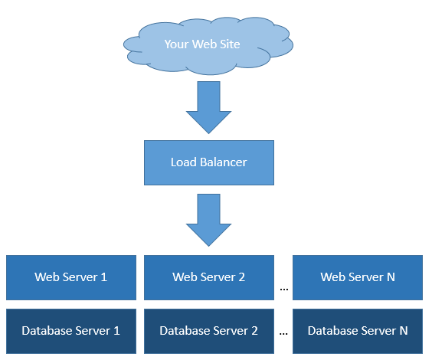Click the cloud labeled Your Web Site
tap(208, 45)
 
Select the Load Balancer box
tap(209, 162)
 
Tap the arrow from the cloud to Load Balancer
tap(208, 107)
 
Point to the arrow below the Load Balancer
tap(208, 220)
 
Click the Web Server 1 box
tap(71, 277)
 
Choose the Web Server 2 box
tap(209, 277)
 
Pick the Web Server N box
tap(358, 277)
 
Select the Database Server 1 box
tap(71, 331)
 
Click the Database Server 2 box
tap(209, 331)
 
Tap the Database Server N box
tap(358, 331)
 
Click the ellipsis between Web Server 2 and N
tap(283, 290)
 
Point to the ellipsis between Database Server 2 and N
tap(283, 334)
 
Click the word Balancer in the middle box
tap(224, 162)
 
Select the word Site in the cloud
tap(230, 44)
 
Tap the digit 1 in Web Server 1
tap(104, 277)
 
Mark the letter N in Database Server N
tap(404, 331)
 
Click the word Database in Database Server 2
tap(185, 331)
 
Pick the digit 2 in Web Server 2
tap(241, 277)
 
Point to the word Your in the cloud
tap(176, 44)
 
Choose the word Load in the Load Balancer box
tap(184, 162)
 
